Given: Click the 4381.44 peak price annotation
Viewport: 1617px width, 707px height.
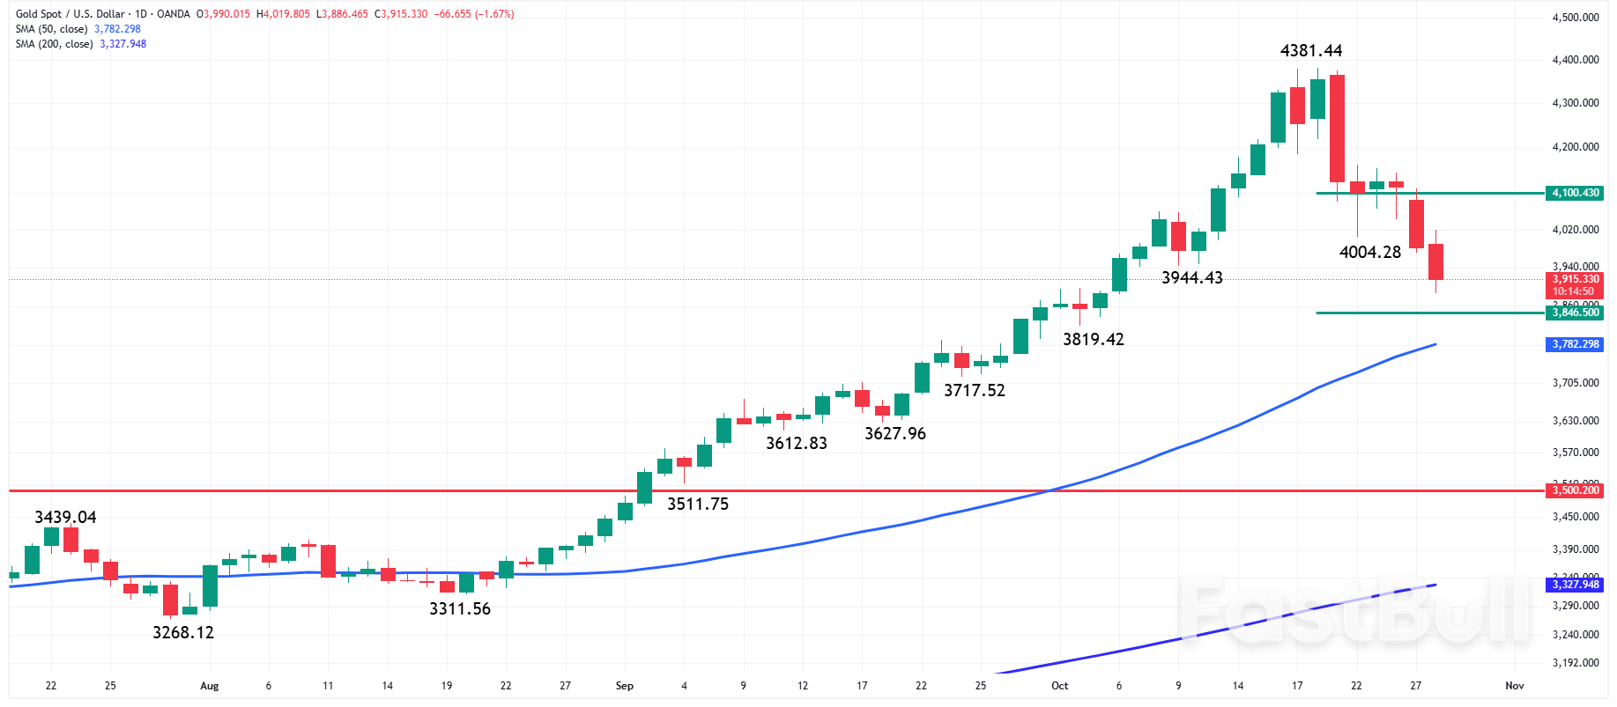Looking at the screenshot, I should coord(1311,51).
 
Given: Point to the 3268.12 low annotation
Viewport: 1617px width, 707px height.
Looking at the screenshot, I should coord(183,632).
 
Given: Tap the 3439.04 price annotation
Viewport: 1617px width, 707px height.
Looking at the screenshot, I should coord(65,517).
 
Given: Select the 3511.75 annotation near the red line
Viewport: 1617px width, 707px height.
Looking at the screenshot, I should coord(697,504).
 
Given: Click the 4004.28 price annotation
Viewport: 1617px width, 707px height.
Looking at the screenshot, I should coord(1369,252).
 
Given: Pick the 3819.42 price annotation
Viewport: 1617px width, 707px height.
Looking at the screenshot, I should coord(1093,339).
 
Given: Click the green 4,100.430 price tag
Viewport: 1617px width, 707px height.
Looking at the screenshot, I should coord(1575,193).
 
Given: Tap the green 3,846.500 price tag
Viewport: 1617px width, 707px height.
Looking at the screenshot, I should coord(1575,313).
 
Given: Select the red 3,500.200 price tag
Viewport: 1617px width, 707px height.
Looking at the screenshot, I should coord(1575,490).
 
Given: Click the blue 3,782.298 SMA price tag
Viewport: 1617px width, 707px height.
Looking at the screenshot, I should coord(1575,344).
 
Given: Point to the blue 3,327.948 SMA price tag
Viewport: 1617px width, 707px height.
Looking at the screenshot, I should coord(1575,585).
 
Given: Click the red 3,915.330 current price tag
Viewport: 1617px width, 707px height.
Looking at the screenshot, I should coord(1575,280).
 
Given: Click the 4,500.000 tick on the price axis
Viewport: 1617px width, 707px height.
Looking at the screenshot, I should coord(1575,18).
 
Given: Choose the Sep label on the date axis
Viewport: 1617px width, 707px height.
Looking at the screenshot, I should coord(624,686).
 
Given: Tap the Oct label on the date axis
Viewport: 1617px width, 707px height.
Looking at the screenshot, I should coord(1059,686).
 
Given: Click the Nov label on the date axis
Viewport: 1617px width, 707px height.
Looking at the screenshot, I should coord(1514,686).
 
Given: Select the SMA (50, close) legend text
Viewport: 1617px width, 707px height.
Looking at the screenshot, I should coord(51,29).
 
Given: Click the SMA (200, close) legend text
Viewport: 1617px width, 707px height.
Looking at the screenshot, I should coord(54,44).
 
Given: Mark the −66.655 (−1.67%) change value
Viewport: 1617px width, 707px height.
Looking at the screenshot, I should coord(474,14).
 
